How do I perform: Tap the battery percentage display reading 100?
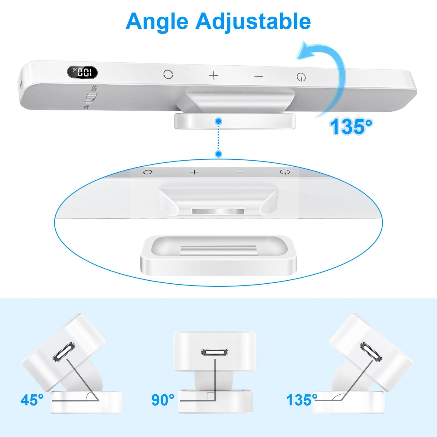click(x=82, y=72)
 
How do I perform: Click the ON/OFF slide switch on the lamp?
click(x=90, y=97)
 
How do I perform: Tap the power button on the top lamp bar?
click(x=301, y=77)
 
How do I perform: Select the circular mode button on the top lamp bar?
click(x=168, y=74)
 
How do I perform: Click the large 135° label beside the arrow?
click(x=351, y=126)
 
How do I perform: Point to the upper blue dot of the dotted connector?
click(x=218, y=122)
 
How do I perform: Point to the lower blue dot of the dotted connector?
click(x=218, y=154)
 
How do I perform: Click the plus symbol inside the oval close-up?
click(x=194, y=172)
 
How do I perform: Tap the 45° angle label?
click(x=32, y=400)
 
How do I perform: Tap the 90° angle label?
click(x=163, y=400)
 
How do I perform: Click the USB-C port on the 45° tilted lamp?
click(x=64, y=352)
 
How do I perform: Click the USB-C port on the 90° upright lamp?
click(x=215, y=352)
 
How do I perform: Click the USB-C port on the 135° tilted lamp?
click(x=371, y=352)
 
